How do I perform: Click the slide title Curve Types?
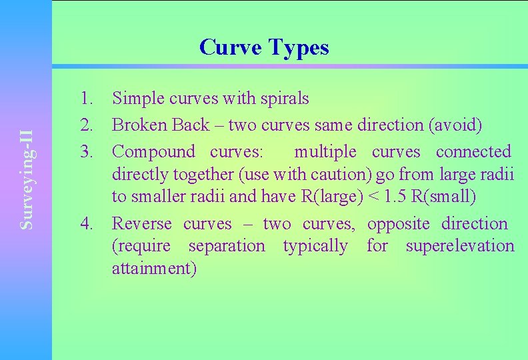(x=264, y=47)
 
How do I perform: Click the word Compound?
(x=153, y=151)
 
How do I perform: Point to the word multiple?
(x=325, y=151)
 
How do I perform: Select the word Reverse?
(x=142, y=223)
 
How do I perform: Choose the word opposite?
(x=399, y=223)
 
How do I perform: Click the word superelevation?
(x=460, y=246)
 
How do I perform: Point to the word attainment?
(x=154, y=269)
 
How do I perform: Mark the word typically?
(x=315, y=246)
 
